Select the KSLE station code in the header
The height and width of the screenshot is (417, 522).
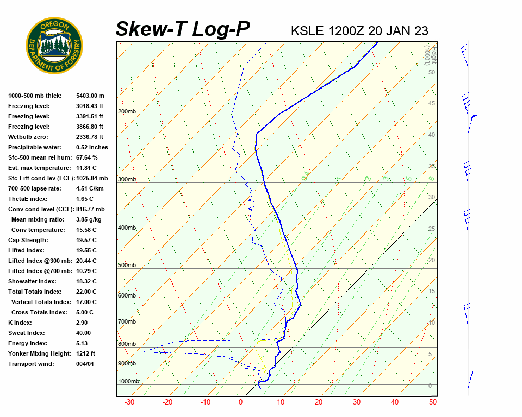point(308,30)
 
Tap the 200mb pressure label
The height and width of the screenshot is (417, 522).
point(127,112)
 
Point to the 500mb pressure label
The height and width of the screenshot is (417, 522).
point(127,265)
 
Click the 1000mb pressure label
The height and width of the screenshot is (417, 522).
point(128,382)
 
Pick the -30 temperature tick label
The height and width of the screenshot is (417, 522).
point(129,402)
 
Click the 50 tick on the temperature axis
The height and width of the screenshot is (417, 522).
point(433,402)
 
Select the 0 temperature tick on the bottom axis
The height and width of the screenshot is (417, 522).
point(240,402)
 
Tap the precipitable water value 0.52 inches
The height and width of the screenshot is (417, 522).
point(92,147)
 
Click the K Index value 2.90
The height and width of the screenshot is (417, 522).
point(83,323)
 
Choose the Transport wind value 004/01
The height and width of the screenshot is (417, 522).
point(85,364)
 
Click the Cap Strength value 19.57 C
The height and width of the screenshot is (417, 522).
point(86,240)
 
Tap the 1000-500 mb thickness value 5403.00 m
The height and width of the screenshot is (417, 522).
point(90,96)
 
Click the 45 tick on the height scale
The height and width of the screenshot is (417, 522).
point(432,104)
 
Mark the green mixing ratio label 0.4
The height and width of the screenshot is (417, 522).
point(306,175)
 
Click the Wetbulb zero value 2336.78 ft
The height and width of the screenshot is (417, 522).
point(90,137)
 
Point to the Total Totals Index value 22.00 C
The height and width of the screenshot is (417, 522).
point(86,292)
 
